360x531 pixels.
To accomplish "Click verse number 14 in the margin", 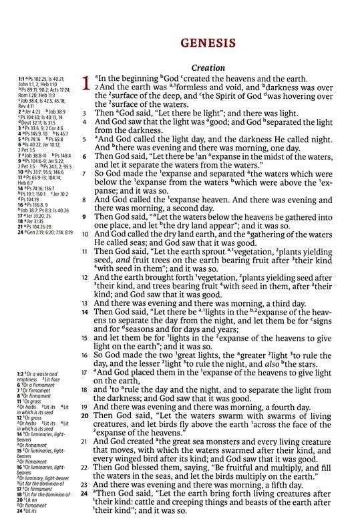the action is (84, 311).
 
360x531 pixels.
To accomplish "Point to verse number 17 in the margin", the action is (84, 372).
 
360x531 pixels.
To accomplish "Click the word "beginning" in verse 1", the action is (136, 80).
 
